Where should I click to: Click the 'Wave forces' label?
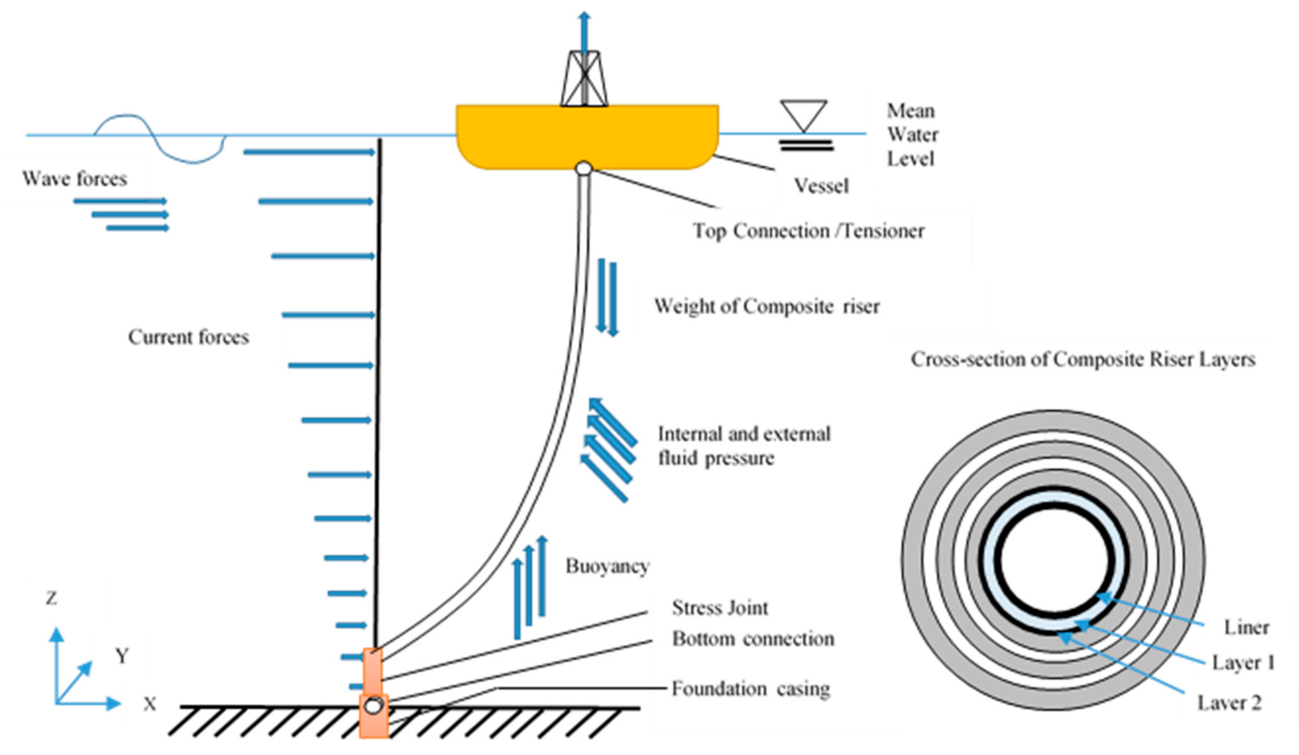point(75,179)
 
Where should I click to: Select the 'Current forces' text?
point(189,337)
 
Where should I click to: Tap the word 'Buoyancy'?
point(607,566)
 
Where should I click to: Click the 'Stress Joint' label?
point(720,608)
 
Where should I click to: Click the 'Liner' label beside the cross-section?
point(1246,628)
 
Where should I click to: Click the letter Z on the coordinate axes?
point(51,598)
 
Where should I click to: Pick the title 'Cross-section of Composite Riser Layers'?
point(1082,360)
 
